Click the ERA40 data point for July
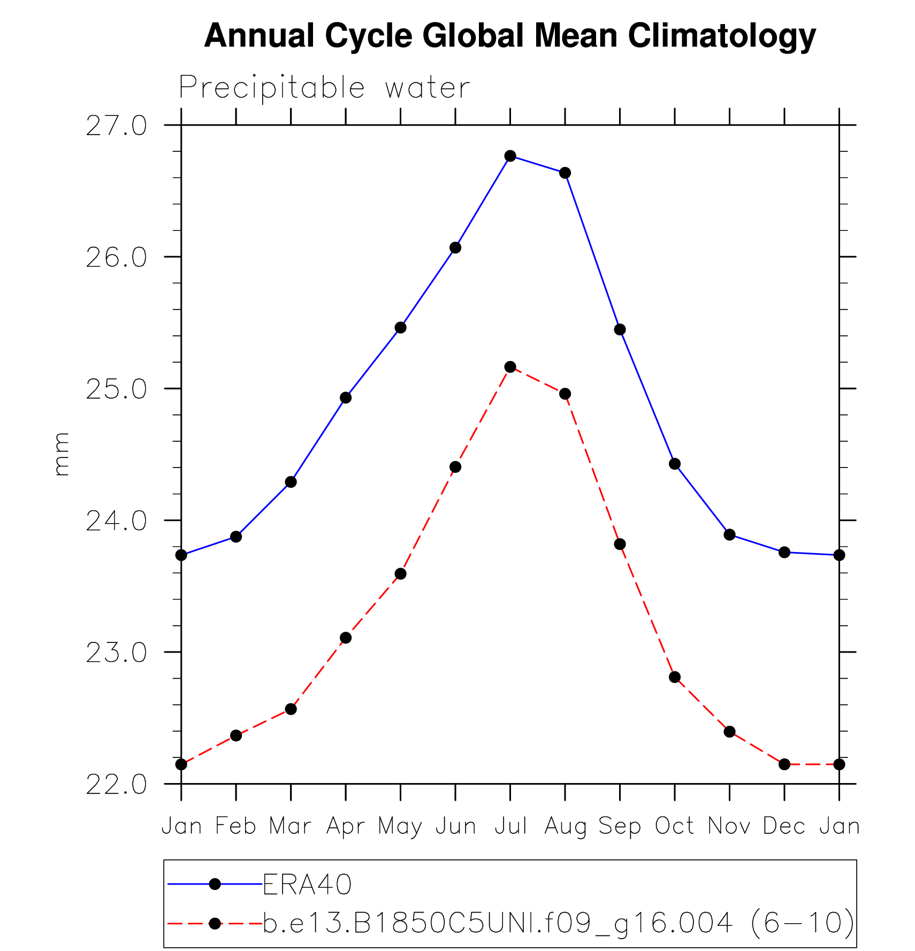(510, 156)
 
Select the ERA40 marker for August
(565, 173)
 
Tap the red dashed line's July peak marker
(510, 367)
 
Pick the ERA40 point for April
(346, 398)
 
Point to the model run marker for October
(675, 677)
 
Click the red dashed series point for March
(291, 709)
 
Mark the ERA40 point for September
(620, 329)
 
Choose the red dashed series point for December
(784, 764)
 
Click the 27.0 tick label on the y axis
(116, 126)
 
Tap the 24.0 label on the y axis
(116, 521)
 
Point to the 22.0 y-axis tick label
(116, 785)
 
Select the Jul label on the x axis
(510, 826)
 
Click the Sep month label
(620, 826)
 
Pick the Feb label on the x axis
(235, 826)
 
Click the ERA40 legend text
(307, 885)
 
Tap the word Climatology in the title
(721, 36)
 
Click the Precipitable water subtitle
(324, 87)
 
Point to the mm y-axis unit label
(62, 454)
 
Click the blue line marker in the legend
(215, 884)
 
